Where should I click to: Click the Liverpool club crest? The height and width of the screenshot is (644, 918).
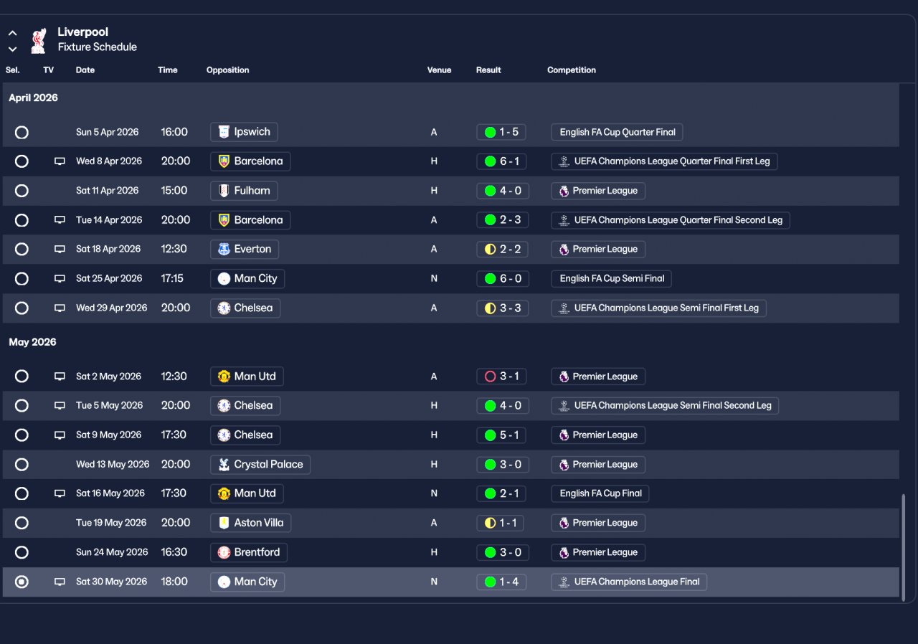[x=39, y=41]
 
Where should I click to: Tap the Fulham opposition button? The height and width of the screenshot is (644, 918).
[x=244, y=191]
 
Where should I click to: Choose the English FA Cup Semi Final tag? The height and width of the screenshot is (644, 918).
[x=612, y=278]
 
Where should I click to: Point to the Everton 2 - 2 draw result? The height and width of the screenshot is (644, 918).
[x=502, y=249]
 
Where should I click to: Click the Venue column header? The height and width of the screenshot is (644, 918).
[x=439, y=70]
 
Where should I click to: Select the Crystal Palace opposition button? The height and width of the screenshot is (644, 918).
[x=260, y=465]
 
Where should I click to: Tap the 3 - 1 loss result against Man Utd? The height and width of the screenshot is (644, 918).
[x=501, y=377]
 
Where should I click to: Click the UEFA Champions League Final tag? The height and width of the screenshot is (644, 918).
[x=629, y=582]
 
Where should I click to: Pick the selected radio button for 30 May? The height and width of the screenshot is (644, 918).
[x=22, y=582]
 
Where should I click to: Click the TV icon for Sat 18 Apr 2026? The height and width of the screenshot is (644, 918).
[x=60, y=249]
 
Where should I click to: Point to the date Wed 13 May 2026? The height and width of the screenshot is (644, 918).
[x=113, y=465]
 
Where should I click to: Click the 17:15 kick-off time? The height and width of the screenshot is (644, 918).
[x=172, y=278]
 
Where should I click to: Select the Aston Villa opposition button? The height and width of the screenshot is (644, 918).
[x=250, y=523]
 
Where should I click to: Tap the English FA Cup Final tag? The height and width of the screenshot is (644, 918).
[x=600, y=493]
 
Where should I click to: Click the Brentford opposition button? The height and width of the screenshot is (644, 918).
[x=249, y=552]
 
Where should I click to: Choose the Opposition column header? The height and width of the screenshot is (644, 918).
[x=227, y=70]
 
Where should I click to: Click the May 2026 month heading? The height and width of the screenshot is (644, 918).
[x=32, y=342]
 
